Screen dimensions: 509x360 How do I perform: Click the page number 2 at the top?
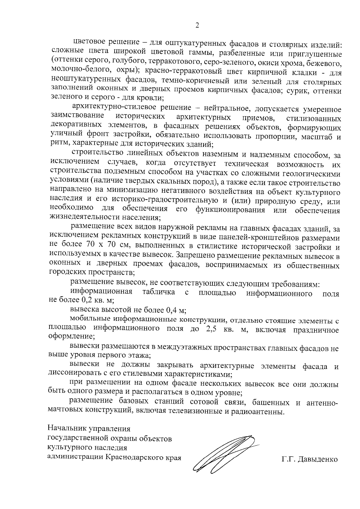point(197,25)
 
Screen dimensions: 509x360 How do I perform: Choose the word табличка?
point(159,292)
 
